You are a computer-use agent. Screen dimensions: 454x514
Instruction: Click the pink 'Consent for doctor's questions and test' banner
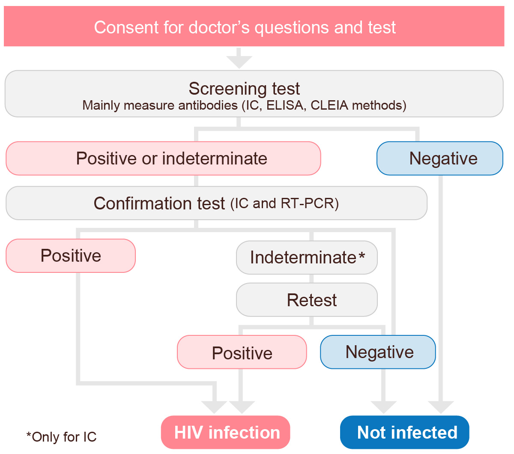pyautogui.click(x=254, y=27)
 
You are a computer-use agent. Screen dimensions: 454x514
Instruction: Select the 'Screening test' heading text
pyautogui.click(x=244, y=89)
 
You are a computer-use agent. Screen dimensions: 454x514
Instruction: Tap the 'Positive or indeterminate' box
pyautogui.click(x=163, y=158)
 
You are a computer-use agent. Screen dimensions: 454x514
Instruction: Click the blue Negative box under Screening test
pyautogui.click(x=440, y=158)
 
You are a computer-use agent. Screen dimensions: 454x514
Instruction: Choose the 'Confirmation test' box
pyautogui.click(x=216, y=203)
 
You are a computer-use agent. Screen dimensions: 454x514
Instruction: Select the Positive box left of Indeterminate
pyautogui.click(x=71, y=256)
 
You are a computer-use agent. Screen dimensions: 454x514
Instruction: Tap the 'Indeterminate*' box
pyautogui.click(x=307, y=257)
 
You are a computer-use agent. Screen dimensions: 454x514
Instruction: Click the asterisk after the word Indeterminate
pyautogui.click(x=362, y=256)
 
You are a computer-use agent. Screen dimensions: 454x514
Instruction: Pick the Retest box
pyautogui.click(x=307, y=300)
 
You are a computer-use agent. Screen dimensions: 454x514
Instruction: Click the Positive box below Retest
pyautogui.click(x=242, y=352)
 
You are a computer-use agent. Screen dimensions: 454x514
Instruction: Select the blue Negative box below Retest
pyautogui.click(x=378, y=352)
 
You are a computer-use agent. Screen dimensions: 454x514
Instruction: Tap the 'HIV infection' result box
pyautogui.click(x=226, y=433)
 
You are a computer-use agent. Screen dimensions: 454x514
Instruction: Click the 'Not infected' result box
pyautogui.click(x=405, y=433)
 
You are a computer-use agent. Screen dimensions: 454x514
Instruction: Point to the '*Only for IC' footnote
pyautogui.click(x=61, y=437)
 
